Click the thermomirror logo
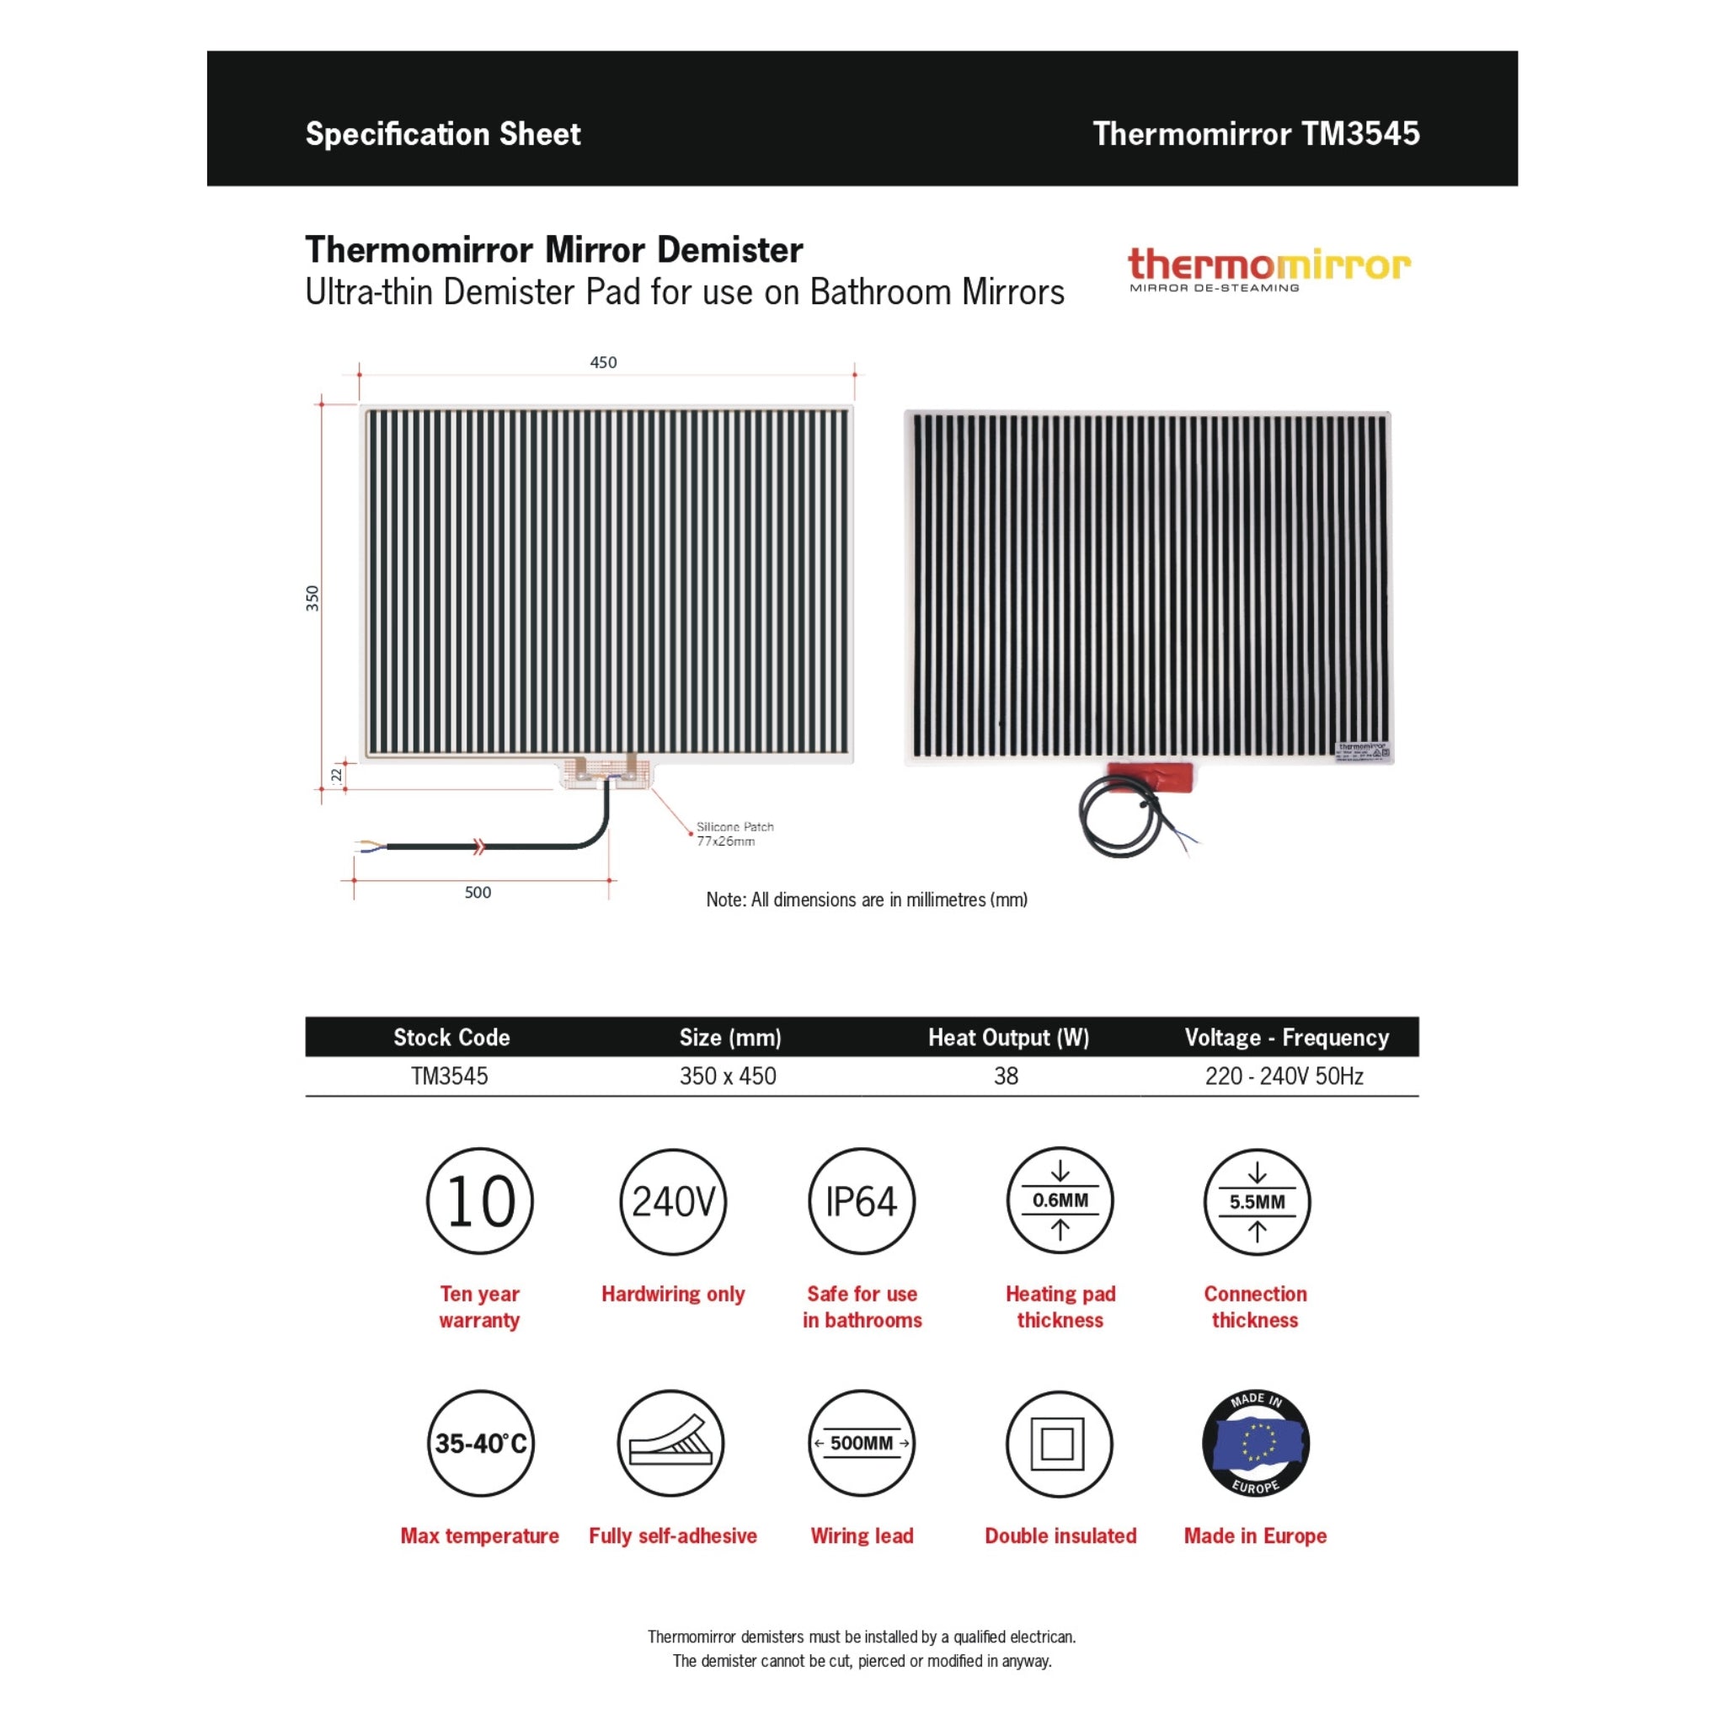pyautogui.click(x=1268, y=269)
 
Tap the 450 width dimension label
pyautogui.click(x=604, y=362)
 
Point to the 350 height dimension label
pyautogui.click(x=312, y=597)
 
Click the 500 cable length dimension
pyautogui.click(x=478, y=892)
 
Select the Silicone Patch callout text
pyautogui.click(x=734, y=834)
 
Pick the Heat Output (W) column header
pyautogui.click(x=1008, y=1038)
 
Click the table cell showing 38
pyautogui.click(x=1007, y=1076)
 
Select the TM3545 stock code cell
pyautogui.click(x=450, y=1076)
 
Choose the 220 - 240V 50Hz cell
pyautogui.click(x=1284, y=1076)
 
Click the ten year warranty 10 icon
pyautogui.click(x=480, y=1201)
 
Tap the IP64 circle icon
pyautogui.click(x=862, y=1201)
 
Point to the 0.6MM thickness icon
pyautogui.click(x=1060, y=1201)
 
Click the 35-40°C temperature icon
pyautogui.click(x=480, y=1444)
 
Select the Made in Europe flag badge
pyautogui.click(x=1255, y=1444)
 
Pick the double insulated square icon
pyautogui.click(x=1059, y=1444)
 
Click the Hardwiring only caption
pyautogui.click(x=672, y=1294)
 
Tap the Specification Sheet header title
pyautogui.click(x=443, y=134)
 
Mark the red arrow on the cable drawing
pyautogui.click(x=479, y=846)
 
